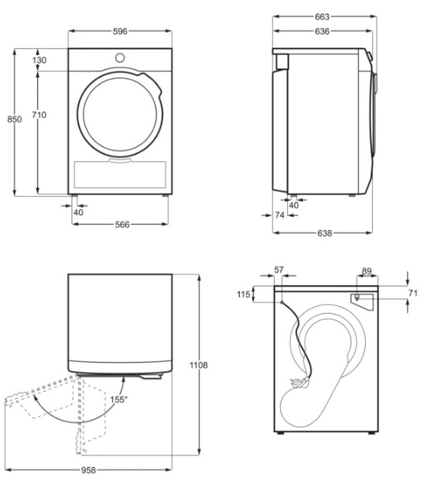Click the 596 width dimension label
pos(120,31)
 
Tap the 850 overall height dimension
pos(15,119)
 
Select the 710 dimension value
pos(39,115)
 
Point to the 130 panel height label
pos(39,60)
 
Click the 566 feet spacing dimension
pos(122,225)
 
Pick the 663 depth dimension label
pos(322,17)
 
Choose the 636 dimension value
pos(322,31)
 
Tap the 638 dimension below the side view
pos(324,233)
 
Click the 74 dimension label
pos(279,215)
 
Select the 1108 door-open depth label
pos(199,365)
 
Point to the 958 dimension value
pos(88,470)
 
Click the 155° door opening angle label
pos(119,400)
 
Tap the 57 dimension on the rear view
pos(279,270)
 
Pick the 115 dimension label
pos(244,294)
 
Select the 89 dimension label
pos(367,271)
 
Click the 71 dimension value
pos(413,293)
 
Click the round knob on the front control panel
pos(120,58)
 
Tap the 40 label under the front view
pos(78,212)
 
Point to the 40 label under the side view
pos(294,205)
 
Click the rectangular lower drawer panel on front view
pos(120,174)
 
